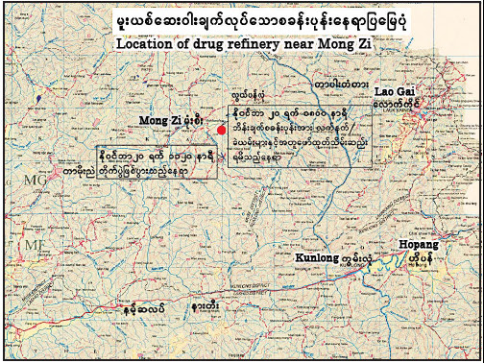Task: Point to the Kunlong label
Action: (314, 257)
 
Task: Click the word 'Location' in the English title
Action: (143, 43)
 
